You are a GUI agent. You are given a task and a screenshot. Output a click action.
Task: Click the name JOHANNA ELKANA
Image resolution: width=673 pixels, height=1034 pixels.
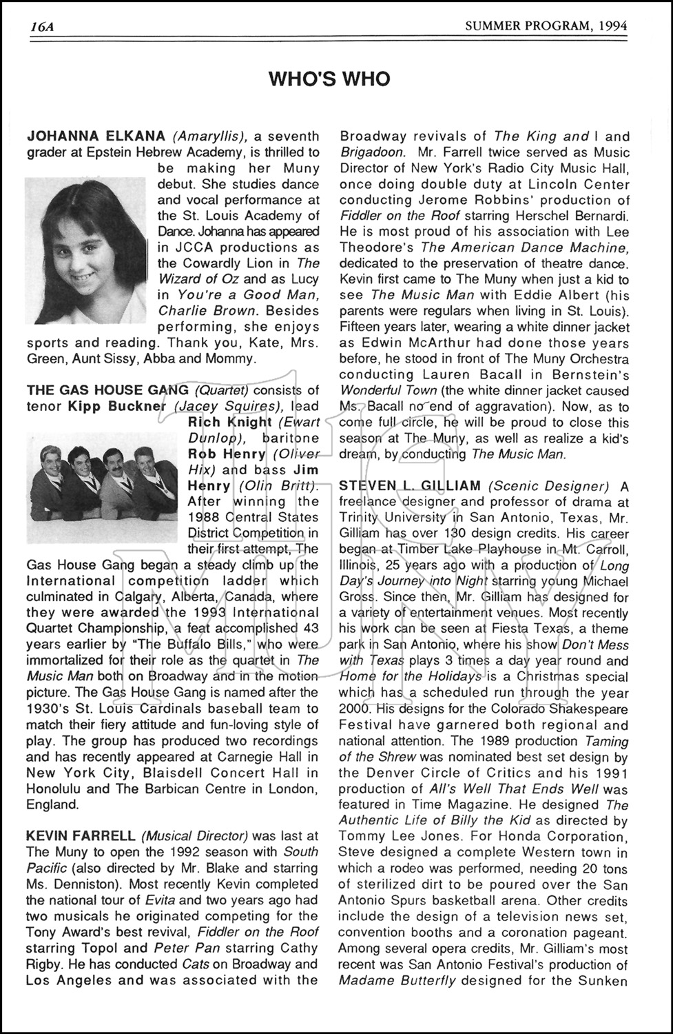[x=96, y=136]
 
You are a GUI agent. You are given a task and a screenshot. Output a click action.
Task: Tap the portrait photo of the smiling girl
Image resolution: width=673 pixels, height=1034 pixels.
[x=85, y=250]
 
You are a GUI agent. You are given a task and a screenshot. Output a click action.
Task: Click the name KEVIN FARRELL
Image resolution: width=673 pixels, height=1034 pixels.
[x=81, y=836]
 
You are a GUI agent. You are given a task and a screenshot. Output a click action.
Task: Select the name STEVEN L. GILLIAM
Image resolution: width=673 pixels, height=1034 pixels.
[x=410, y=487]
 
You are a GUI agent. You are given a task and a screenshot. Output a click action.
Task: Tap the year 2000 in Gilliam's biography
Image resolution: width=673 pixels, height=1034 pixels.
[x=355, y=709]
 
